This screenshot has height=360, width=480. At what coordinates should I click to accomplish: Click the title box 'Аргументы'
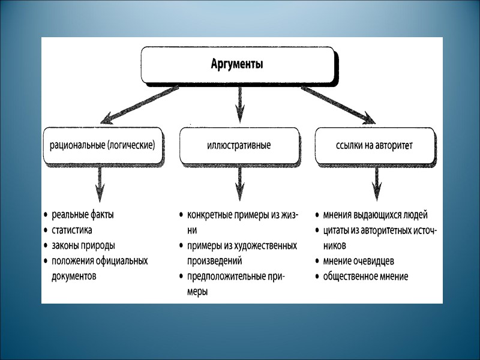tap(237, 64)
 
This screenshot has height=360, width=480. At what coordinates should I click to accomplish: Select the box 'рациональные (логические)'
tap(103, 145)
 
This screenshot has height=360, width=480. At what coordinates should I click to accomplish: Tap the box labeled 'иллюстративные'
tap(239, 145)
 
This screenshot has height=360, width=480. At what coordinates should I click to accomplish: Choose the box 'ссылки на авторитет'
tap(375, 145)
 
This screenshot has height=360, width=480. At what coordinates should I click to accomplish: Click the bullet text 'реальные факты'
tap(83, 215)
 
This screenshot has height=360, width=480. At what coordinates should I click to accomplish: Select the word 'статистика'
tap(73, 230)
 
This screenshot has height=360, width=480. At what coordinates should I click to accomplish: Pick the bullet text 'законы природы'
tap(83, 245)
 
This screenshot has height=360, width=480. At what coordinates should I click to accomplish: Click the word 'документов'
tap(74, 276)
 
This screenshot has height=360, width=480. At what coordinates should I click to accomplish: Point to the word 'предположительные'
tap(223, 277)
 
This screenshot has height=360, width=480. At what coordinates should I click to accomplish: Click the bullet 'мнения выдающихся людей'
tap(375, 215)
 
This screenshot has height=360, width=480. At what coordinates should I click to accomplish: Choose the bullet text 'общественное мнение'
tap(365, 277)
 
